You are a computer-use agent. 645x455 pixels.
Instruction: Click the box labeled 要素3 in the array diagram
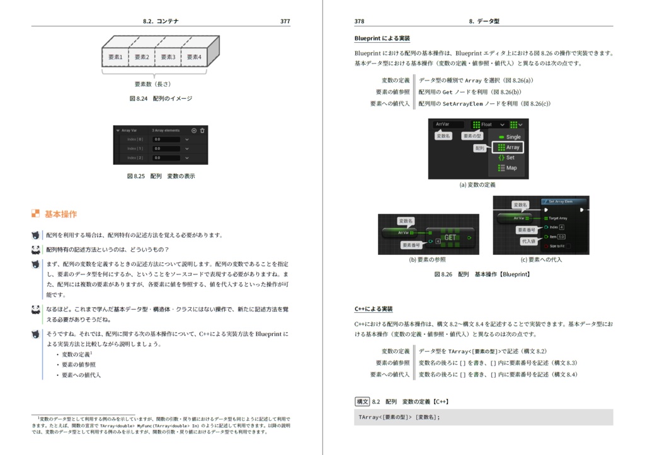[x=168, y=57]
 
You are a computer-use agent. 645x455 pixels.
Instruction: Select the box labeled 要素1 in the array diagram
[x=115, y=57]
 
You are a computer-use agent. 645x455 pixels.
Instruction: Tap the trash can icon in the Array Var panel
[x=202, y=130]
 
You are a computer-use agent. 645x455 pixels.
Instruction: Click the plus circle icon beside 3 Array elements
[x=194, y=130]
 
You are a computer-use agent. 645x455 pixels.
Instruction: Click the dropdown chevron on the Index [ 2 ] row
[x=187, y=157]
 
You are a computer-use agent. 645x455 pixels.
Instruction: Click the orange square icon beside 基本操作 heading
[x=35, y=214]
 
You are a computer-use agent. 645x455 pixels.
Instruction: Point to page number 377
[x=285, y=21]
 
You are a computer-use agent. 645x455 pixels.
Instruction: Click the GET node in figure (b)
[x=450, y=237]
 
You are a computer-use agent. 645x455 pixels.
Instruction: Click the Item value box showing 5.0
[x=561, y=236]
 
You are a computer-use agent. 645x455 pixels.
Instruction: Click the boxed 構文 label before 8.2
[x=362, y=401]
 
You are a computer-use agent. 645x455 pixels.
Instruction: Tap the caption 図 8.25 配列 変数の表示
[x=161, y=176]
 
